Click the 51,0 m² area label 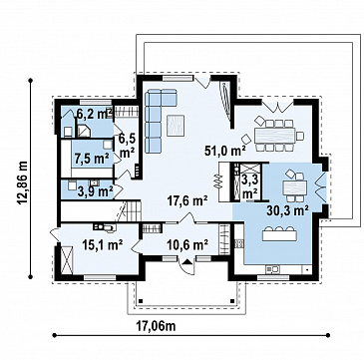(x=225, y=151)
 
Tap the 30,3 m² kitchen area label (x=287, y=210)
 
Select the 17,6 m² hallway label (x=187, y=201)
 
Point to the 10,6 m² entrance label (x=187, y=245)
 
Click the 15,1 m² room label (x=103, y=245)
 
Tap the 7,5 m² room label (x=92, y=158)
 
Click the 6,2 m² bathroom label (x=94, y=114)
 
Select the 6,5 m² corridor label (x=127, y=146)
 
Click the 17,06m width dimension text (x=156, y=326)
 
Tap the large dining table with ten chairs (x=274, y=136)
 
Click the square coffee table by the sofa (x=176, y=125)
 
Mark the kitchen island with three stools (x=279, y=233)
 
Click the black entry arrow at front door (x=187, y=262)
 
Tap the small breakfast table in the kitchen (x=295, y=186)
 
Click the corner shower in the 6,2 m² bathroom (x=83, y=131)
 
